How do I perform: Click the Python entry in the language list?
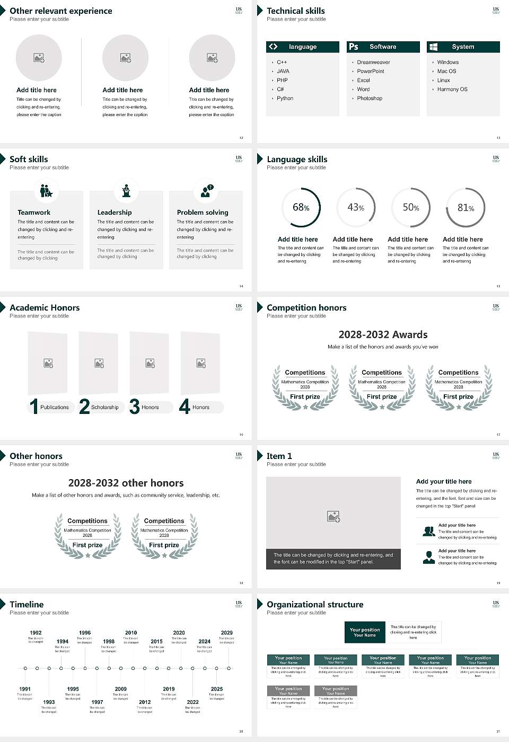[285, 98]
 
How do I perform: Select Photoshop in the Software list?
[369, 98]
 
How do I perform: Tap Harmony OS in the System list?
[452, 89]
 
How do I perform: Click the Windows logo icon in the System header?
[433, 47]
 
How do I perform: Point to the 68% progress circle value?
[301, 207]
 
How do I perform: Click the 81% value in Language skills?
[466, 208]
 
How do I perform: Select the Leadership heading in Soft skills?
[115, 212]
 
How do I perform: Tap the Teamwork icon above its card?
[46, 191]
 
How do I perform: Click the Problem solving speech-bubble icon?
[206, 191]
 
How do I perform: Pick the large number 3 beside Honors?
[135, 407]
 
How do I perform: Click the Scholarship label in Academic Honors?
[104, 407]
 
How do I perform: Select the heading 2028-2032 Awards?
[383, 334]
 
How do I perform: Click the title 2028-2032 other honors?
[126, 483]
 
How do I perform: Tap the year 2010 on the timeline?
[131, 632]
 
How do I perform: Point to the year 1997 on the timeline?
[97, 702]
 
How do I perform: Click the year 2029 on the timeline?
[226, 632]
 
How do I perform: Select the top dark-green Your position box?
[365, 632]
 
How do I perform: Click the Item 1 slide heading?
[279, 456]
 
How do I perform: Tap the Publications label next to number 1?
[54, 407]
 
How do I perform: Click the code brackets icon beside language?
[273, 47]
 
